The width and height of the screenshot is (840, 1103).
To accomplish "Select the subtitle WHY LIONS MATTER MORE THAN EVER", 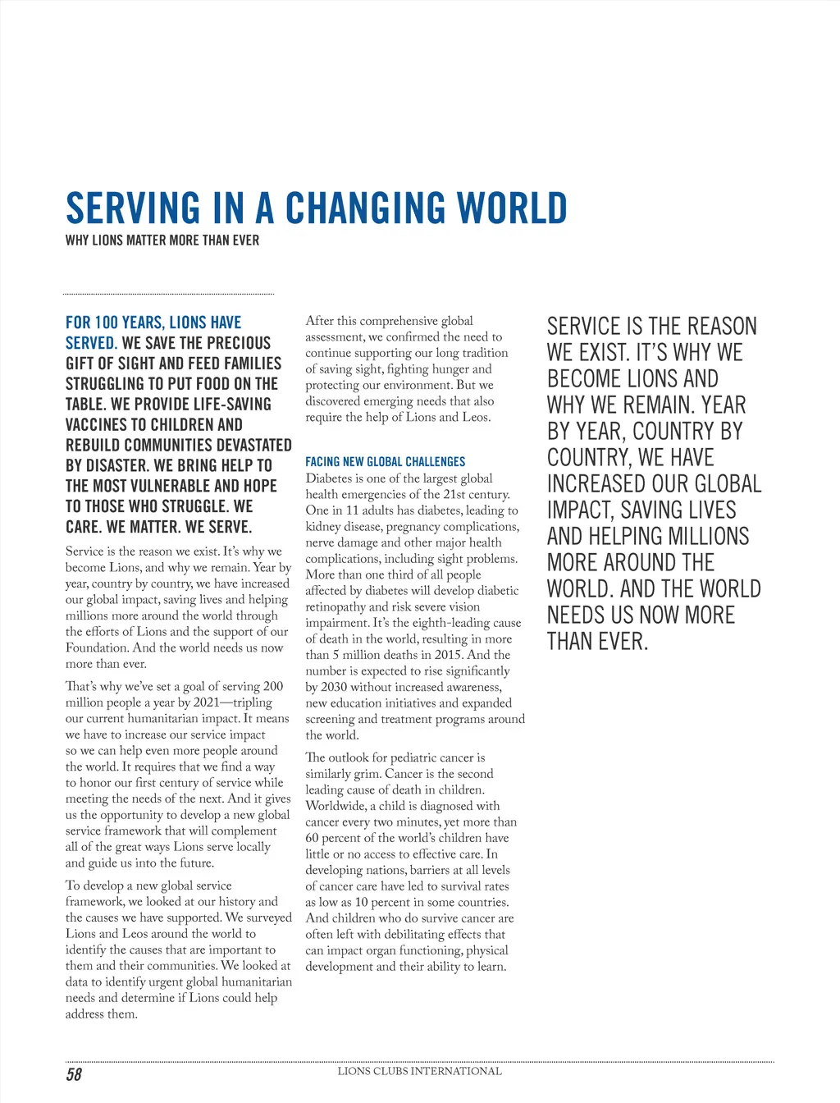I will (162, 240).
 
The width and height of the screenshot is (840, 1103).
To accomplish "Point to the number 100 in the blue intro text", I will (107, 323).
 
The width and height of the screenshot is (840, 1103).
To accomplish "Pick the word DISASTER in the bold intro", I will (114, 465).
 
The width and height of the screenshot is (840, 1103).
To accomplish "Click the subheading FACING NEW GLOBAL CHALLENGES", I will (385, 462).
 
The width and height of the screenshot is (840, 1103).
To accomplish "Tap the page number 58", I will (74, 1074).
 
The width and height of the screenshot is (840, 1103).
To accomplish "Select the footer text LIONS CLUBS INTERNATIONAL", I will (419, 1071).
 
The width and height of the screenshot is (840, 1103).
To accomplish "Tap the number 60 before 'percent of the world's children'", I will (313, 838).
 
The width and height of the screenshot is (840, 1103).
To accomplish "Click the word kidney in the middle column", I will (322, 527).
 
